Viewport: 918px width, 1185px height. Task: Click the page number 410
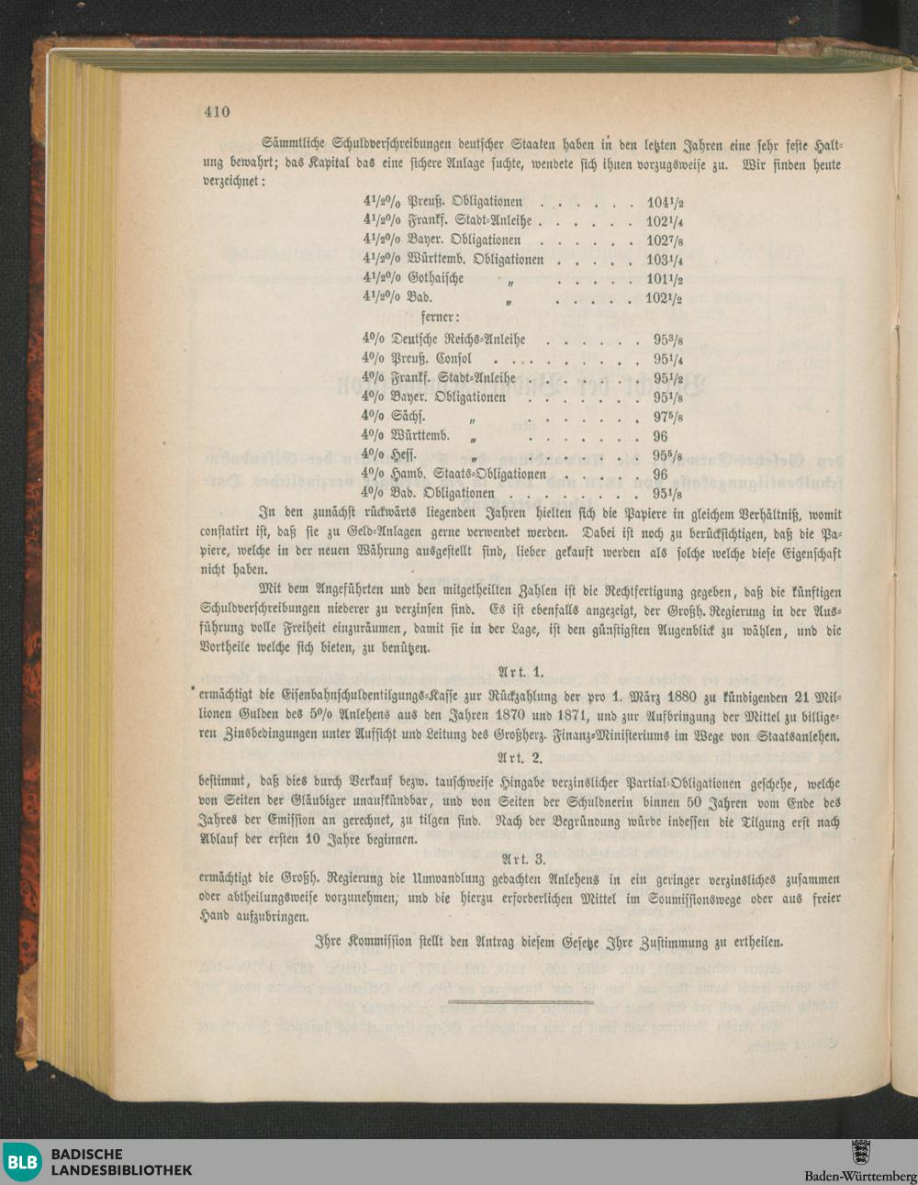point(217,112)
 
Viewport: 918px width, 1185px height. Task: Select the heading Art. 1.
point(521,672)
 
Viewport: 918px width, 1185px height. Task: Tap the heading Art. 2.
point(521,758)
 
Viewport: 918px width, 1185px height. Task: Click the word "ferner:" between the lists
point(441,318)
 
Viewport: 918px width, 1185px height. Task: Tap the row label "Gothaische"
point(436,279)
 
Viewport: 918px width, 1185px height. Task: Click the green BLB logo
point(22,1162)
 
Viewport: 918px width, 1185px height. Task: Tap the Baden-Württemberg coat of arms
point(860,1152)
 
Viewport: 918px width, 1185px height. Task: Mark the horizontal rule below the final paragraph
point(521,1001)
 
